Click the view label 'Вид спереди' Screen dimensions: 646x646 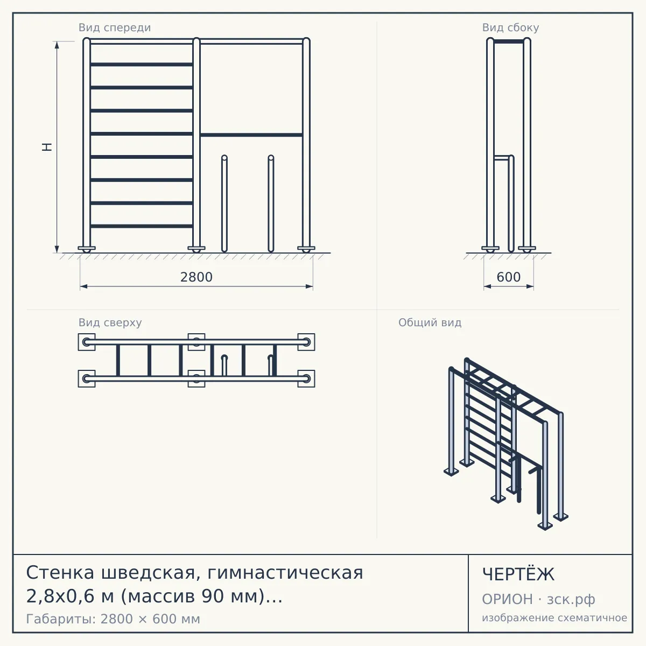click(x=115, y=27)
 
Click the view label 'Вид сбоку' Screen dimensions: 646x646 click(x=510, y=27)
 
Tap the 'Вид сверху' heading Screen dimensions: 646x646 click(x=110, y=322)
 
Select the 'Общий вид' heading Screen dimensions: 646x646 click(x=430, y=322)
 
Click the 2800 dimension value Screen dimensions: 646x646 click(x=196, y=277)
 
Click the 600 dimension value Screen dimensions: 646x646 click(x=509, y=277)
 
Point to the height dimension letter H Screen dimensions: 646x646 click(x=47, y=147)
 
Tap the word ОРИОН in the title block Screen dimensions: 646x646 click(x=507, y=599)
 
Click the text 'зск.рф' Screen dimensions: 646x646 click(x=571, y=600)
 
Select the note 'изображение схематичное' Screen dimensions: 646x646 click(x=554, y=617)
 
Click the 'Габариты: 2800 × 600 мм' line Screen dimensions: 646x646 click(x=113, y=619)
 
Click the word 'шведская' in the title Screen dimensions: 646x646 click(x=148, y=573)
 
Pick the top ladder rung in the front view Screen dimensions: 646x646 click(x=141, y=65)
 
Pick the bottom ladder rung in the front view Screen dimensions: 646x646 click(x=141, y=226)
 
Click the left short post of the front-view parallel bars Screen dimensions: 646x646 click(x=224, y=203)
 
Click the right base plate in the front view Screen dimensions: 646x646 click(x=306, y=248)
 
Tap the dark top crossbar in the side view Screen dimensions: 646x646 click(x=509, y=41)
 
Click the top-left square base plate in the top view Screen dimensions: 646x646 click(x=87, y=342)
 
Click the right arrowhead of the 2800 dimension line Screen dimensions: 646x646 click(x=310, y=286)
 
